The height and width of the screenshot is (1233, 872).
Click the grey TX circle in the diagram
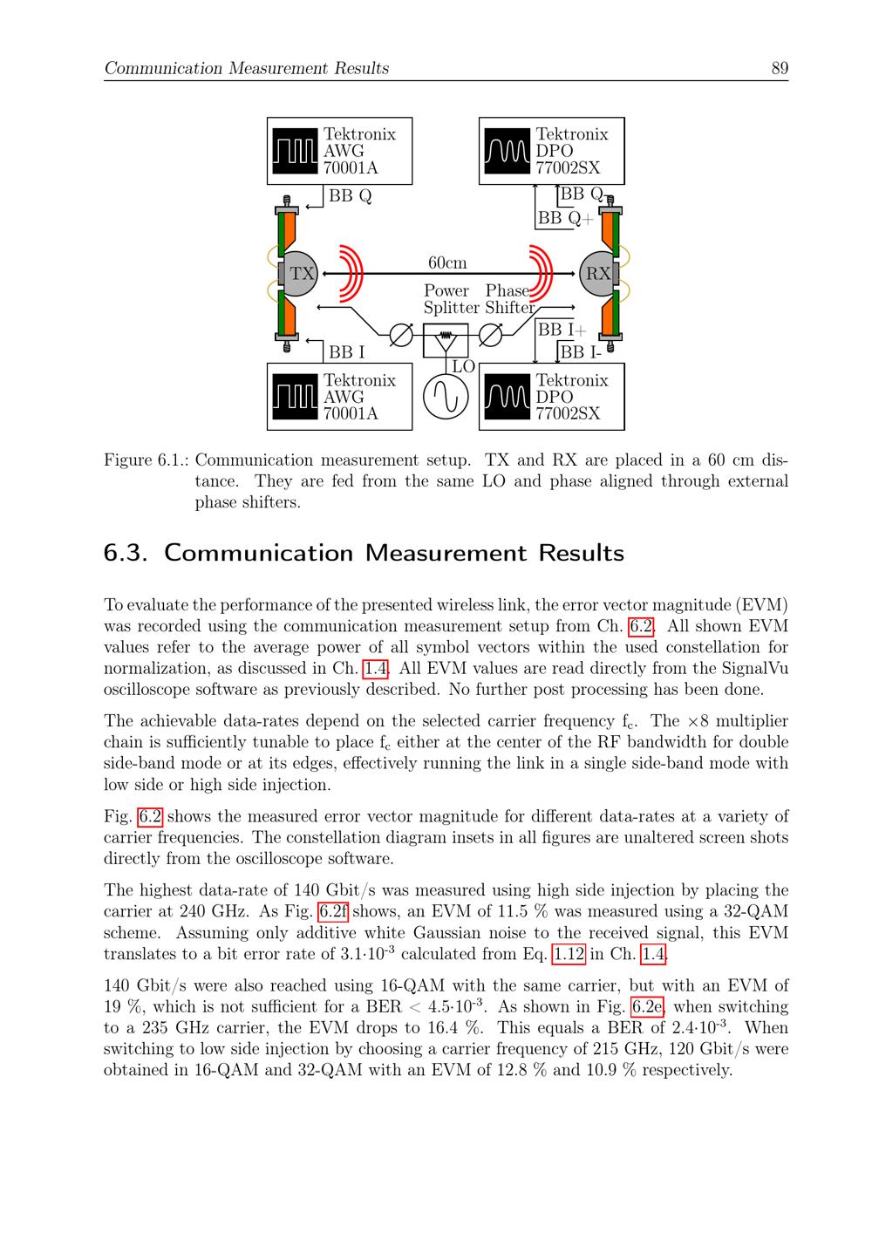301,274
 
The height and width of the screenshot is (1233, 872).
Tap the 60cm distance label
446,262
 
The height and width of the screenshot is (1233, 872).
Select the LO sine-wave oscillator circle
446,397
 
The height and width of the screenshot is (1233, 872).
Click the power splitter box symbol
446,339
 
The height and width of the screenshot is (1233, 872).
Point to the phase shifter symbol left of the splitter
401,336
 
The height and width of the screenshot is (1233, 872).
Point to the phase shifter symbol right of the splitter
491,335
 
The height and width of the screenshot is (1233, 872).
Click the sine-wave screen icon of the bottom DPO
507,398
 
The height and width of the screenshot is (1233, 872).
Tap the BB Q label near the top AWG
350,196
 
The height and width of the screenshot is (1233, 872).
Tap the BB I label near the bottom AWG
346,352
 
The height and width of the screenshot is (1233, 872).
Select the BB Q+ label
564,218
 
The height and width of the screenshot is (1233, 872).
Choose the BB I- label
581,352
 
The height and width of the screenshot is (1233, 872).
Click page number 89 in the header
780,68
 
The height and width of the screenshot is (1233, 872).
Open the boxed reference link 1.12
569,954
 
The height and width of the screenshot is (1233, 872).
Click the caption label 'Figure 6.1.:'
146,460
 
